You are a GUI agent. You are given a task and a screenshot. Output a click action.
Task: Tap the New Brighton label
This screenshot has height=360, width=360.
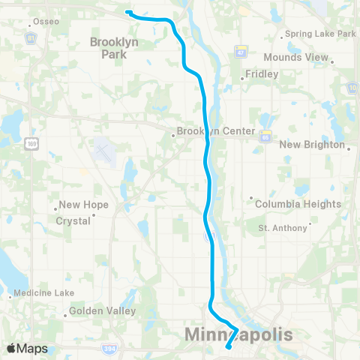(x=312, y=145)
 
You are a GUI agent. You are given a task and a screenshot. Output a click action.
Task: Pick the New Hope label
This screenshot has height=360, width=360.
(x=83, y=205)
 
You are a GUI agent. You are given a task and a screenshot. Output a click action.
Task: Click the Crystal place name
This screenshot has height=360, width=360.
(x=73, y=221)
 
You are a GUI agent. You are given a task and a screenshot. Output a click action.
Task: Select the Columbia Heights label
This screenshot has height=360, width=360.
(x=298, y=204)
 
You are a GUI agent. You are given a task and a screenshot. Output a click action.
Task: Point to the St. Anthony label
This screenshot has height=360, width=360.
(x=282, y=227)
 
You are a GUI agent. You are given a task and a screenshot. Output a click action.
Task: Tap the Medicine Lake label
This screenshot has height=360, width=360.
(x=45, y=293)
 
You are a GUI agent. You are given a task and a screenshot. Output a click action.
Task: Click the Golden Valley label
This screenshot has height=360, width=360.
(x=103, y=310)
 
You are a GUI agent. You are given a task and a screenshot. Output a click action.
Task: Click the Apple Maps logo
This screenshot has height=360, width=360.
(x=27, y=349)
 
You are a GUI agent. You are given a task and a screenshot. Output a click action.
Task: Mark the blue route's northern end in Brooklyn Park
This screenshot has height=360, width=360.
(x=127, y=12)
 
